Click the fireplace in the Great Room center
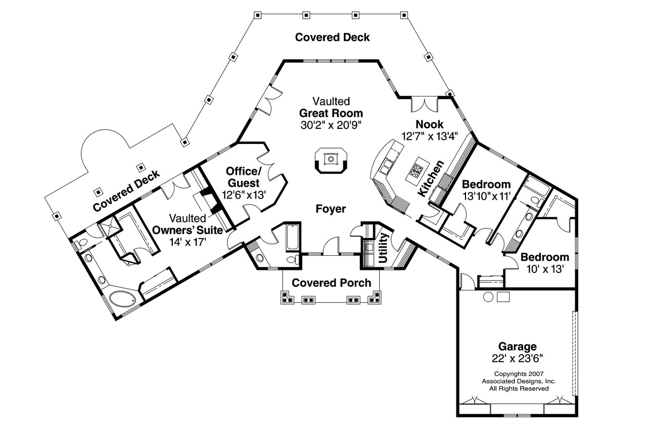331,160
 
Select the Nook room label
429,124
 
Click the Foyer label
331,209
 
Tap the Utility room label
383,248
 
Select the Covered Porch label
331,282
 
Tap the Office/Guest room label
243,177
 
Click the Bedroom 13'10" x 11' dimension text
486,196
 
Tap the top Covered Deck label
332,37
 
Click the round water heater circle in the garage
488,297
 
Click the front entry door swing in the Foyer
331,246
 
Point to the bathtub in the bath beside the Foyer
293,237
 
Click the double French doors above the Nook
423,104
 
